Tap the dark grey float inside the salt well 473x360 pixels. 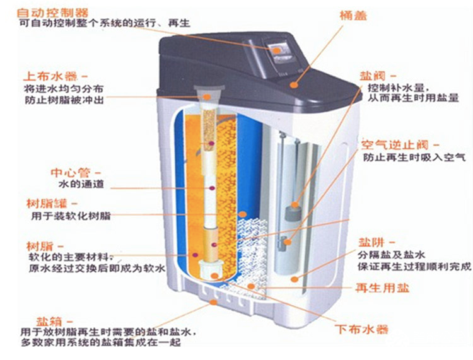291,211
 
